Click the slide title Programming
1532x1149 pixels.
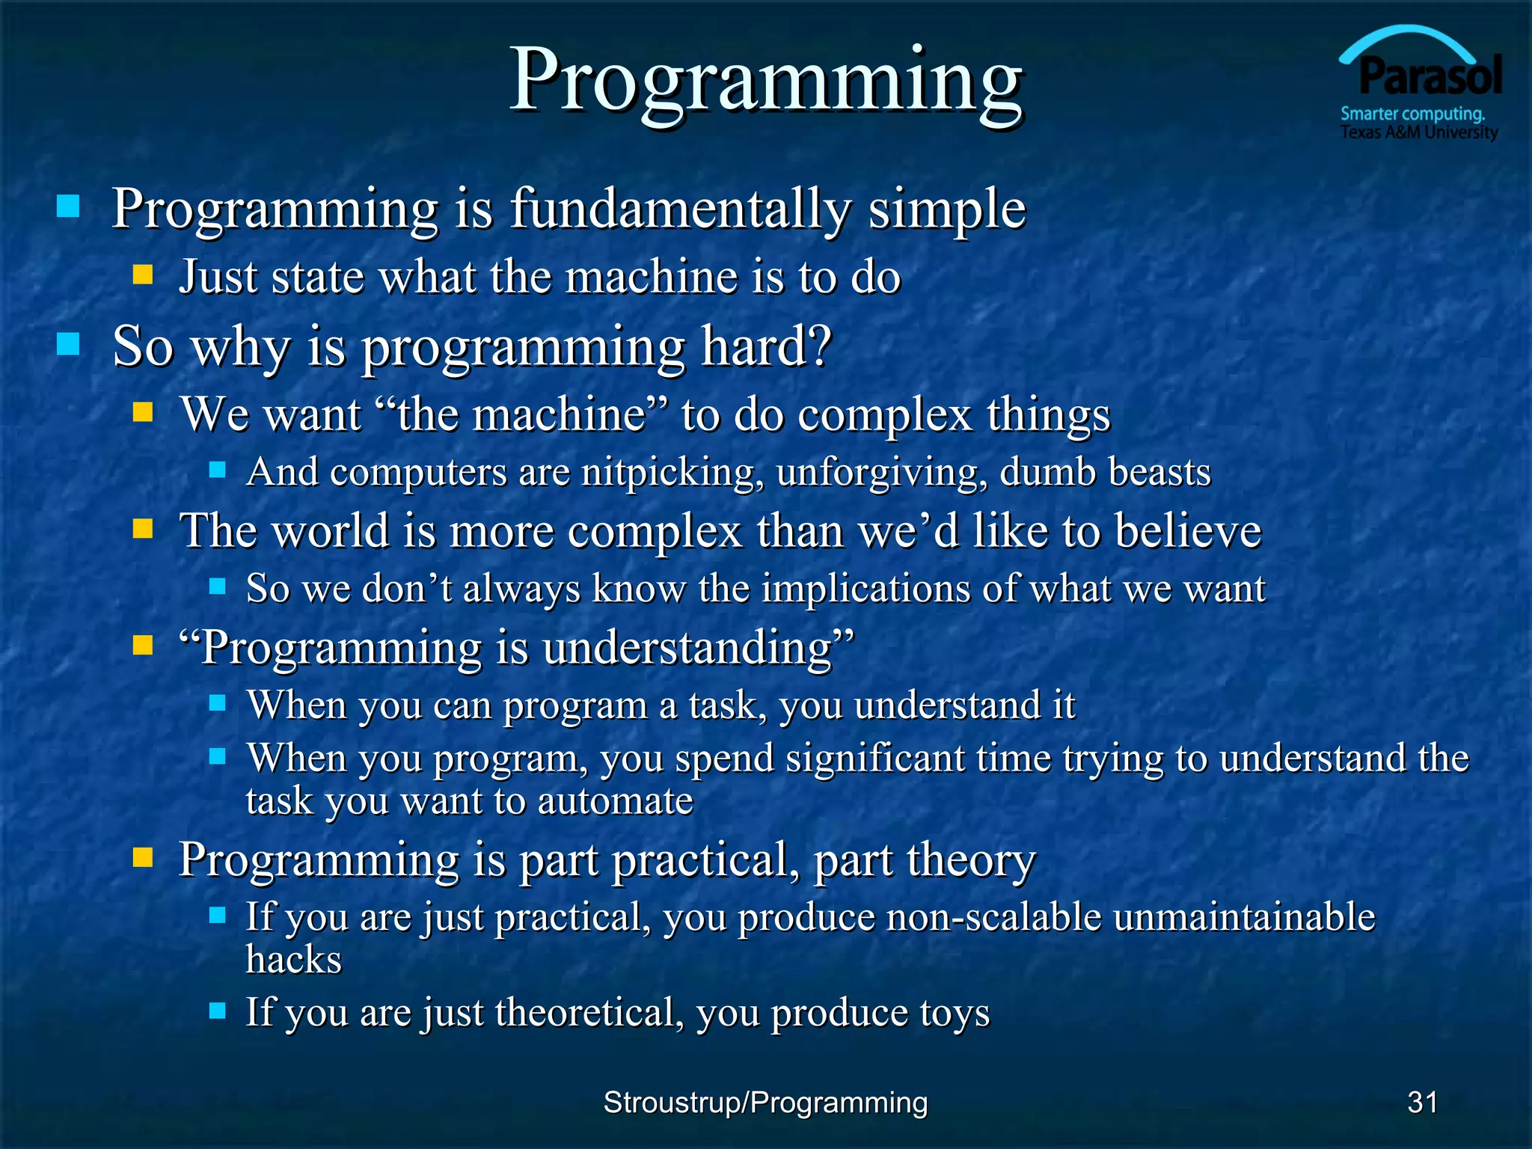766,81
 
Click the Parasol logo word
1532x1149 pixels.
1430,76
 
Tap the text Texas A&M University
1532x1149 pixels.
1419,132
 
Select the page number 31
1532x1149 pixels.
1422,1102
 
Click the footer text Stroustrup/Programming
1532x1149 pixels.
765,1102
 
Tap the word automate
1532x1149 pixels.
615,800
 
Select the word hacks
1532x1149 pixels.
293,959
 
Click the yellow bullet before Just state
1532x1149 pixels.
143,275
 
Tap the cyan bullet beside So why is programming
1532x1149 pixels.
68,344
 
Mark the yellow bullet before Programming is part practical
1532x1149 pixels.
143,857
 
